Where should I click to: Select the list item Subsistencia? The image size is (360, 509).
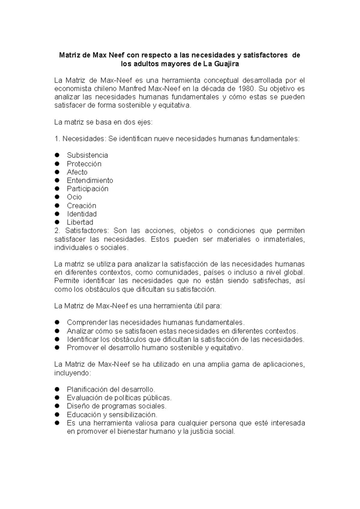tap(87, 155)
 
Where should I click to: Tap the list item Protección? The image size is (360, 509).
tap(84, 164)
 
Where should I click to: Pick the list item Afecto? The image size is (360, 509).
tap(77, 172)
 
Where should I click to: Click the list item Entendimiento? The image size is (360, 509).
tap(90, 180)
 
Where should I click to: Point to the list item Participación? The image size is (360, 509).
tap(87, 189)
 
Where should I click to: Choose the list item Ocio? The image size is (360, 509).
tap(74, 197)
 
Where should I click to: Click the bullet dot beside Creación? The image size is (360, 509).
tap(57, 206)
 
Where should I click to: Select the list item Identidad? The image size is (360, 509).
tap(82, 214)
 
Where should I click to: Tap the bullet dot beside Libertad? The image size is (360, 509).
tap(57, 222)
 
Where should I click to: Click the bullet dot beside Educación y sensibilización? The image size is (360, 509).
tap(57, 414)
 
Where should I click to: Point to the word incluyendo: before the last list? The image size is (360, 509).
tap(72, 373)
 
